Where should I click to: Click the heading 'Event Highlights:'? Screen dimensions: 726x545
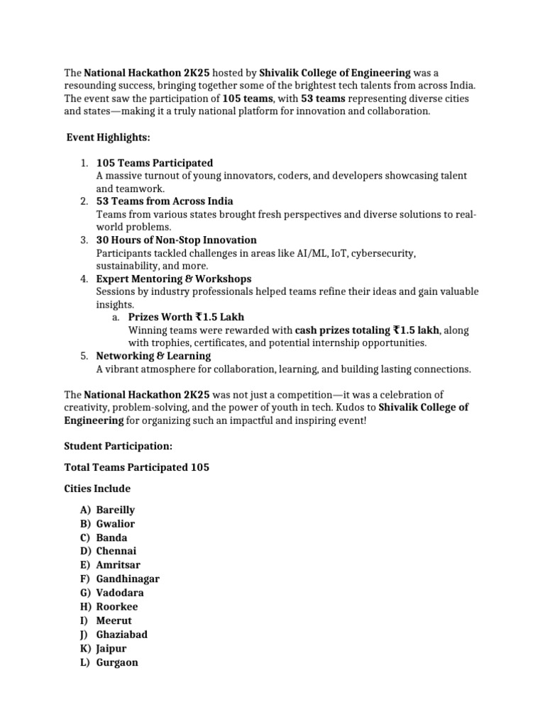click(108, 136)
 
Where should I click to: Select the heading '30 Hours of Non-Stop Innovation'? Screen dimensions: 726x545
click(176, 240)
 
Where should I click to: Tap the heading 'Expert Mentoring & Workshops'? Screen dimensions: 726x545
click(173, 279)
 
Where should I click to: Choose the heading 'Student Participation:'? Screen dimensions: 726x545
click(118, 447)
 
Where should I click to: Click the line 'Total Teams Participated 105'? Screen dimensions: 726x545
click(136, 467)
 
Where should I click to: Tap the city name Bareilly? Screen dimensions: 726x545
click(115, 510)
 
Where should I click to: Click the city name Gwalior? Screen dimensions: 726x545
click(115, 524)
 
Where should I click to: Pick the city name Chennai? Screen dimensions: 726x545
click(116, 551)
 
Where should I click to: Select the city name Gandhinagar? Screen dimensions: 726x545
click(128, 579)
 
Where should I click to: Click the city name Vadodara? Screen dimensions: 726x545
click(120, 593)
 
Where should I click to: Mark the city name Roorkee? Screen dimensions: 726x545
click(117, 607)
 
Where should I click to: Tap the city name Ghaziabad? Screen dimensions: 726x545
click(122, 635)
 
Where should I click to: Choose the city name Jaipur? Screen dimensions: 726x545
click(111, 648)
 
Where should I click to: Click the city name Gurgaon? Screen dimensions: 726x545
click(117, 662)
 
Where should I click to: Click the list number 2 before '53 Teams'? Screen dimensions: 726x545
click(83, 201)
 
